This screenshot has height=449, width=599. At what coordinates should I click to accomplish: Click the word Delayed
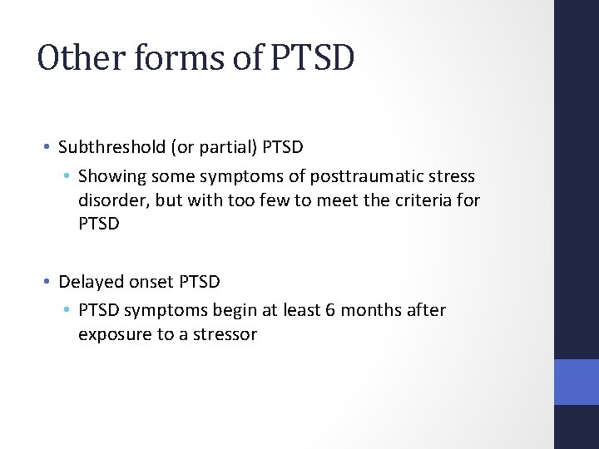click(89, 282)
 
